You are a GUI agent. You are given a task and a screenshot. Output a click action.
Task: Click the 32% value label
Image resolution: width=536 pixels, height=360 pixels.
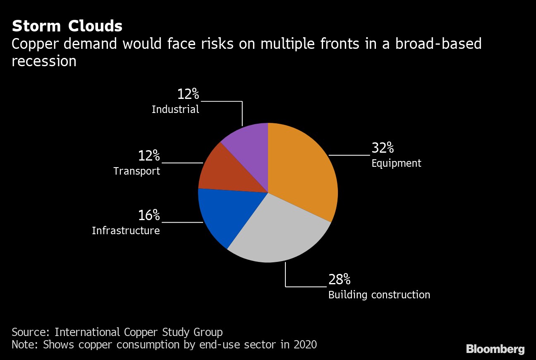(383, 148)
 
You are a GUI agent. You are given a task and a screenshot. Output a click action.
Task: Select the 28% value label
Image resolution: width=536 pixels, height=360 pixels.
(339, 280)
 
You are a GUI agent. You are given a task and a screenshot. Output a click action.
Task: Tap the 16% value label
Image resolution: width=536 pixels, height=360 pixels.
(149, 215)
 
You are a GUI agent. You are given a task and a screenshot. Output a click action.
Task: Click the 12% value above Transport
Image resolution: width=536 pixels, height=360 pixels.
(149, 156)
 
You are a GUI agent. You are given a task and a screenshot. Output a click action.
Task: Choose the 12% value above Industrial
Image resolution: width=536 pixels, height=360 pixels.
(188, 94)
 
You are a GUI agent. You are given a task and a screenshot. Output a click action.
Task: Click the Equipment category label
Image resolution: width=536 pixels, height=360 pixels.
(396, 163)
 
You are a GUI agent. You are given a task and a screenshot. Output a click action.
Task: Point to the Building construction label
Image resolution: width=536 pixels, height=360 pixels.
(379, 295)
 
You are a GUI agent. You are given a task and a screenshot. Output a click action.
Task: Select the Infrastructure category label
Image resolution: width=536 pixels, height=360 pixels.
(126, 230)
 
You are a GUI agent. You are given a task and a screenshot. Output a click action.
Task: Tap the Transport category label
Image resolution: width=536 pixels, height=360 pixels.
(137, 171)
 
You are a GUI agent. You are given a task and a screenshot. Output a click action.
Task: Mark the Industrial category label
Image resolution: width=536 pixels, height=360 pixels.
(175, 110)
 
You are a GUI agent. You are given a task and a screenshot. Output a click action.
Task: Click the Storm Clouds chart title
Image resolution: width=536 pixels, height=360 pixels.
(67, 26)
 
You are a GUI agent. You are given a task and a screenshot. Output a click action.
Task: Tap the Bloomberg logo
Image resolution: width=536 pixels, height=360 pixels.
(495, 349)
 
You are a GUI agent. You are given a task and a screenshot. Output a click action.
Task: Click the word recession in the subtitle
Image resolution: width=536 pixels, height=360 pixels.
(44, 61)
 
